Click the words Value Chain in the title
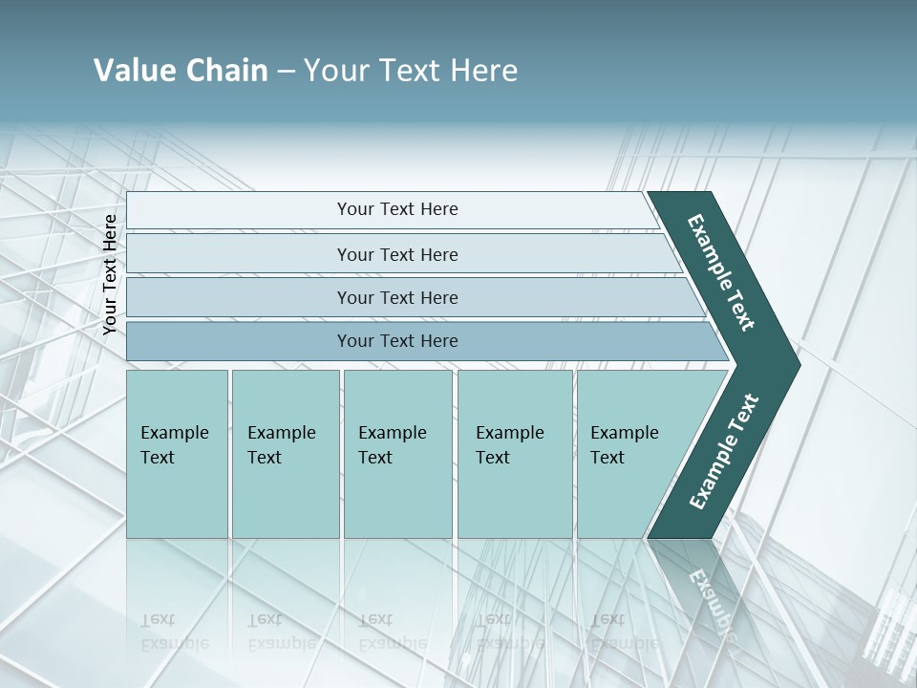click(x=181, y=71)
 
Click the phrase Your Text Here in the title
click(x=410, y=71)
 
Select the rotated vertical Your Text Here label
click(x=111, y=274)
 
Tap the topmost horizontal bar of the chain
click(x=396, y=209)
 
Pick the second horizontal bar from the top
click(x=396, y=254)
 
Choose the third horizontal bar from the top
click(x=396, y=297)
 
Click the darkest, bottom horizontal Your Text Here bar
click(x=396, y=341)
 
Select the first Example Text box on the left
click(x=177, y=454)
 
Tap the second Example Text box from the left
click(x=285, y=454)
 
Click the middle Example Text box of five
click(x=397, y=454)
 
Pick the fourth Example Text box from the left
click(x=515, y=454)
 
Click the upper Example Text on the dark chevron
click(x=721, y=273)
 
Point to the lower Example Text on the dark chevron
click(x=724, y=452)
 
